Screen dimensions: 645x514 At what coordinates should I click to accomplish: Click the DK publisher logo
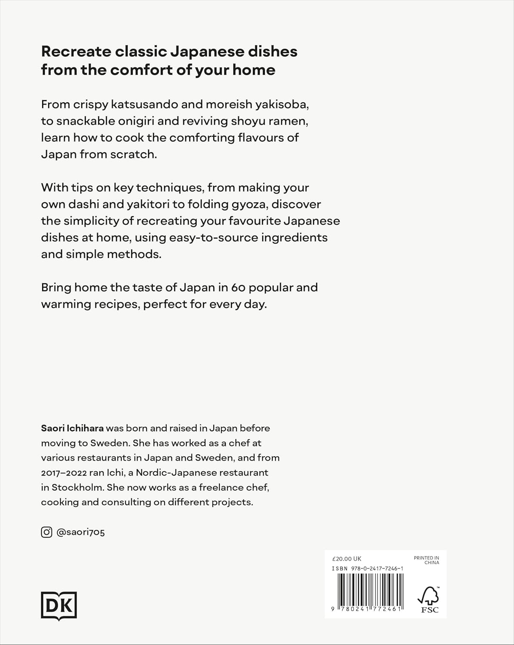tap(59, 606)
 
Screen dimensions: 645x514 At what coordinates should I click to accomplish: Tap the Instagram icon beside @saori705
tap(46, 532)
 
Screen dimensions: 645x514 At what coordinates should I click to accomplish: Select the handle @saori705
tap(80, 532)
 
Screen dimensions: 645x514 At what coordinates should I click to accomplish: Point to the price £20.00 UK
tap(347, 559)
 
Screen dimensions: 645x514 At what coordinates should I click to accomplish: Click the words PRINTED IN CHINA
tap(426, 560)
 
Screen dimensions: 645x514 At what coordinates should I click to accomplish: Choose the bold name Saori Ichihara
tap(72, 428)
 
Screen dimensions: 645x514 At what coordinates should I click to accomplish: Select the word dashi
tap(84, 204)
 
